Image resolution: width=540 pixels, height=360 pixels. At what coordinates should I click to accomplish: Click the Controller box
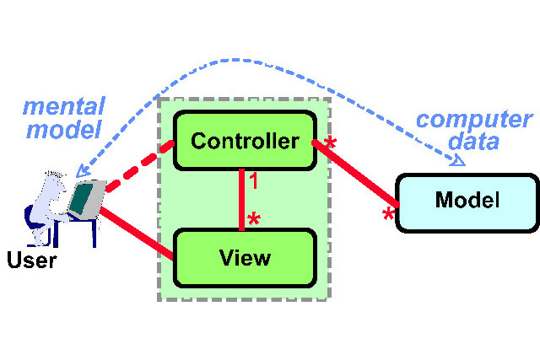click(245, 141)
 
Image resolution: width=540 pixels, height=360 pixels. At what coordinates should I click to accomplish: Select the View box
click(245, 258)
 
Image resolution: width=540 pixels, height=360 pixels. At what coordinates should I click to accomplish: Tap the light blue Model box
click(467, 203)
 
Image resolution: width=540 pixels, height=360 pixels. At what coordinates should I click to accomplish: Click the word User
click(32, 261)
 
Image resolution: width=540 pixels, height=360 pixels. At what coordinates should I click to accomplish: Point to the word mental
click(64, 107)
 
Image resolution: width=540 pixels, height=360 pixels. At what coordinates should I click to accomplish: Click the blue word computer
click(474, 121)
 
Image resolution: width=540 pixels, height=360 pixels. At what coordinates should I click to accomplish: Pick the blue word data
click(473, 141)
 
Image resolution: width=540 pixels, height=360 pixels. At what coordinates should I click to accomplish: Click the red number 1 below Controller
click(254, 181)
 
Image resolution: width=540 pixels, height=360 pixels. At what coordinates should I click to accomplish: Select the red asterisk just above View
click(254, 219)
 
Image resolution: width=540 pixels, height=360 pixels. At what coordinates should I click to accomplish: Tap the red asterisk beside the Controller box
click(330, 142)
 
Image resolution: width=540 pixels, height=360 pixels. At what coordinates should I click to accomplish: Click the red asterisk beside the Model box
click(388, 214)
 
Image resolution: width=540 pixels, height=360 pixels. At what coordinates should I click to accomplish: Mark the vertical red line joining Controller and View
click(242, 200)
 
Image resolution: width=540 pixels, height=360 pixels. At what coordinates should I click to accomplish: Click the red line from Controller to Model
click(356, 174)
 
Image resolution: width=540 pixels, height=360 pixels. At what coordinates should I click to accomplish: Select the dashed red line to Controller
click(140, 165)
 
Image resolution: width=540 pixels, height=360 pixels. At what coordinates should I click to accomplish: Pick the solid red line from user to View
click(137, 233)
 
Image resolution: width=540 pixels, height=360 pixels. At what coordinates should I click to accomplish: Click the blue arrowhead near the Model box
click(458, 161)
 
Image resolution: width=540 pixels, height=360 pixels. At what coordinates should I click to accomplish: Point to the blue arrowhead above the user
click(82, 171)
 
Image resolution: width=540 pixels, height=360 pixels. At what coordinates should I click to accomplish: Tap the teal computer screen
click(81, 199)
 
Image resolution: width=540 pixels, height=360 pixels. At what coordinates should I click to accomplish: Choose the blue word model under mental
click(64, 129)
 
